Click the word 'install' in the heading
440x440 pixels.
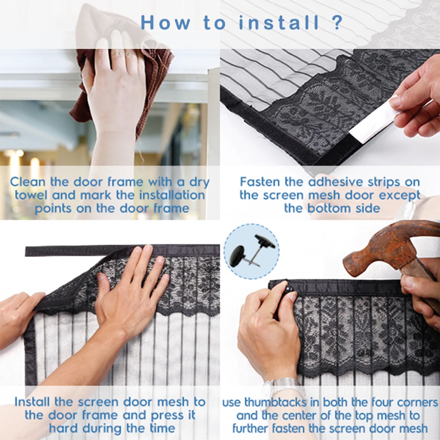click(279, 22)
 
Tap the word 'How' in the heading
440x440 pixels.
click(165, 22)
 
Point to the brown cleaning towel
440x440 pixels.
click(124, 84)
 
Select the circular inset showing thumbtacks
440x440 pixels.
click(251, 251)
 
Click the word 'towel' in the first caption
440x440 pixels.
click(31, 195)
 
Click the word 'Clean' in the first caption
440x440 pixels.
click(27, 182)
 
